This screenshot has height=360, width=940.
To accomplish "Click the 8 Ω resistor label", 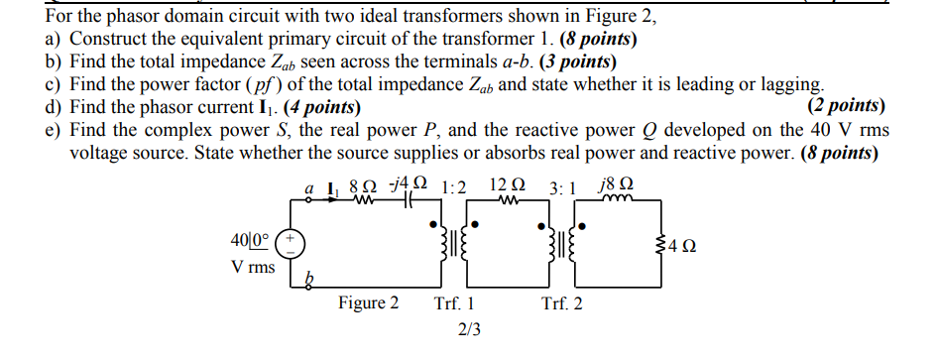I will (365, 184).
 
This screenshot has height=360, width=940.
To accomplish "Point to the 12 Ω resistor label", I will (507, 184).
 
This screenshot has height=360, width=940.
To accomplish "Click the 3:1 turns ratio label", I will (564, 185).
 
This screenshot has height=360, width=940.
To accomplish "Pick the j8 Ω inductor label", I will (617, 184).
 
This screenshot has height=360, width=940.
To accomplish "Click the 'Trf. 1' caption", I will (454, 303).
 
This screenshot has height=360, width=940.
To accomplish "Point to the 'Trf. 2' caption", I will (562, 303).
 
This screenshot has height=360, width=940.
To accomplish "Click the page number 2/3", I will (469, 330).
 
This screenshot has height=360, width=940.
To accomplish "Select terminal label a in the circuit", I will (309, 185).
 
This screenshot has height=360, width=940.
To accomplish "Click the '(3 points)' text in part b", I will (557, 61).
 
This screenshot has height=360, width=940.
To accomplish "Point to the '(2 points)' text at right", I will (847, 106).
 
